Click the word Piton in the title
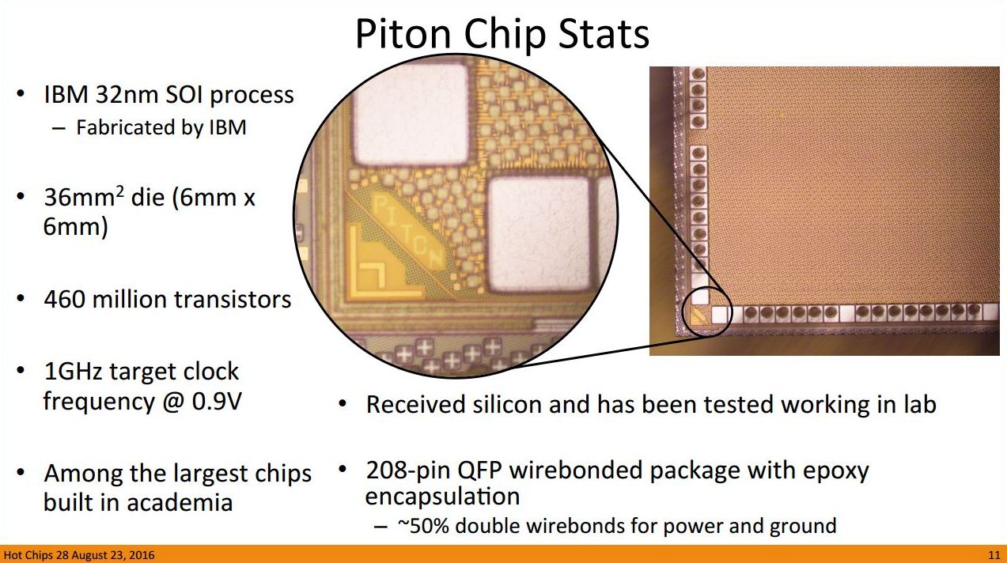(403, 34)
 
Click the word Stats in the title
(604, 34)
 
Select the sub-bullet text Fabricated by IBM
(161, 127)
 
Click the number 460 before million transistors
(65, 299)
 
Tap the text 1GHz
(74, 371)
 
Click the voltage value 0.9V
(216, 401)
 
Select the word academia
(180, 502)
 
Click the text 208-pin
(408, 471)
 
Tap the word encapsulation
(443, 497)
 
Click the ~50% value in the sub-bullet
(423, 526)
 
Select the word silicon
(507, 404)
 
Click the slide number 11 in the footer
(994, 555)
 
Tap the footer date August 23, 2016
(113, 555)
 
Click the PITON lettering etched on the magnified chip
(407, 231)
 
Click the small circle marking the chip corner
(706, 312)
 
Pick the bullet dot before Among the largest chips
(21, 473)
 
